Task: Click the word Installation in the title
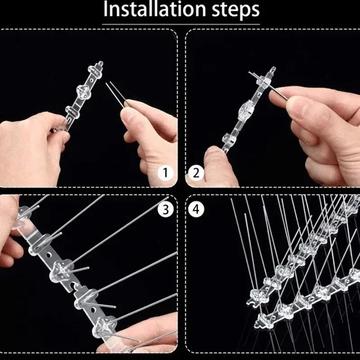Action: click(154, 9)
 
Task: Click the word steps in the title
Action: click(236, 10)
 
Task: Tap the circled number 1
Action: click(165, 173)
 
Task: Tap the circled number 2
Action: click(196, 173)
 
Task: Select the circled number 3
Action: click(165, 209)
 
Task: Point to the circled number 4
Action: click(196, 209)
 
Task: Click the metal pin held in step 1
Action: click(117, 94)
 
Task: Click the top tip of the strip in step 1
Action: click(100, 63)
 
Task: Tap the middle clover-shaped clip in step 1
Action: click(83, 91)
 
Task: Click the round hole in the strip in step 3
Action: click(49, 255)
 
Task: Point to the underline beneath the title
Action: click(181, 24)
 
